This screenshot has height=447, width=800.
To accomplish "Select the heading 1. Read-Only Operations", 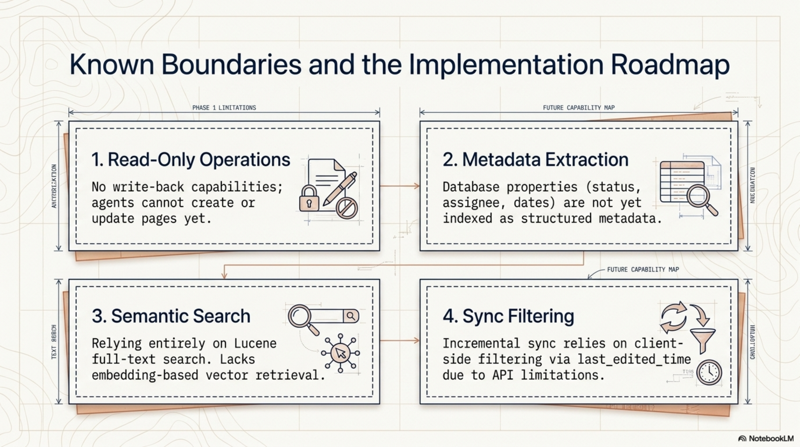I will [191, 160].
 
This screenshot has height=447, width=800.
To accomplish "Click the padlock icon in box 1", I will [309, 199].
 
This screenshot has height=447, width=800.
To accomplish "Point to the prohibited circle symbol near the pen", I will [347, 208].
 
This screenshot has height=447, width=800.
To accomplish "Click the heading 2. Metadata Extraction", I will [535, 160].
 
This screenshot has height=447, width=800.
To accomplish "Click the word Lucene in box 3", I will [255, 343].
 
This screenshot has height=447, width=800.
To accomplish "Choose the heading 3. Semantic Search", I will [171, 316].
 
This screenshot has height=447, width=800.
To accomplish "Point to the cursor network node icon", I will [340, 353].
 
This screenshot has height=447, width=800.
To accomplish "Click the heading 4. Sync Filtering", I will [508, 316].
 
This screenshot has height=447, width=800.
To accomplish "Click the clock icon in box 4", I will [709, 372].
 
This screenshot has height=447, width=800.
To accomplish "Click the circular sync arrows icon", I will [674, 317].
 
